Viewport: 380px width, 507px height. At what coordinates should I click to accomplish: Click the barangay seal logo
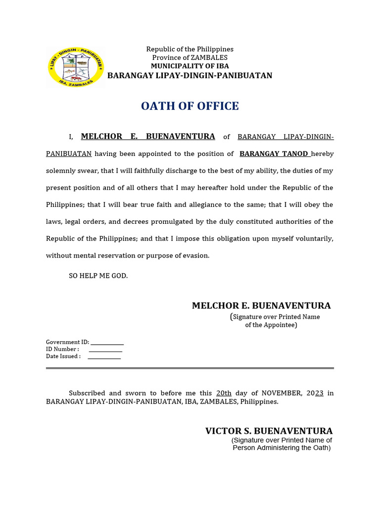pyautogui.click(x=76, y=67)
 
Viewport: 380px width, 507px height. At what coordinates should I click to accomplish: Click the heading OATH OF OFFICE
pyautogui.click(x=190, y=106)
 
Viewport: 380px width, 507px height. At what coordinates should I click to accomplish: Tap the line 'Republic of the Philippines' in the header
pyautogui.click(x=190, y=49)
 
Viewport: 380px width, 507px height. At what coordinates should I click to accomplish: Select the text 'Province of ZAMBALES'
pyautogui.click(x=190, y=57)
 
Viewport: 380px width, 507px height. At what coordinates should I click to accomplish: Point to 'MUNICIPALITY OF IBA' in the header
pyautogui.click(x=190, y=66)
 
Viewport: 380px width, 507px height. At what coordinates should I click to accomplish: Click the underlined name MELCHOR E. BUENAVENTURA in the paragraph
pyautogui.click(x=148, y=137)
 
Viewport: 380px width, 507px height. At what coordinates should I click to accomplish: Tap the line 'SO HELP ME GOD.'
pyautogui.click(x=98, y=276)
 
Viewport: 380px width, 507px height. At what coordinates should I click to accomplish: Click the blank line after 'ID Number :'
pyautogui.click(x=105, y=350)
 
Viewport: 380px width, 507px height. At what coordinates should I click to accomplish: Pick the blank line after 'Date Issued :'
pyautogui.click(x=104, y=357)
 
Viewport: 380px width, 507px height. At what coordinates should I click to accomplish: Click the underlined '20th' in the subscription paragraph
pyautogui.click(x=224, y=393)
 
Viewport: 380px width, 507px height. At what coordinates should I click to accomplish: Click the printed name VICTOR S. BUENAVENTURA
pyautogui.click(x=269, y=431)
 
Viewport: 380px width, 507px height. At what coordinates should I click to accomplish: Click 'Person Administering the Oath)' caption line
pyautogui.click(x=282, y=448)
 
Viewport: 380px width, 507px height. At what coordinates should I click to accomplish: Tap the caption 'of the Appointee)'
pyautogui.click(x=271, y=325)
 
